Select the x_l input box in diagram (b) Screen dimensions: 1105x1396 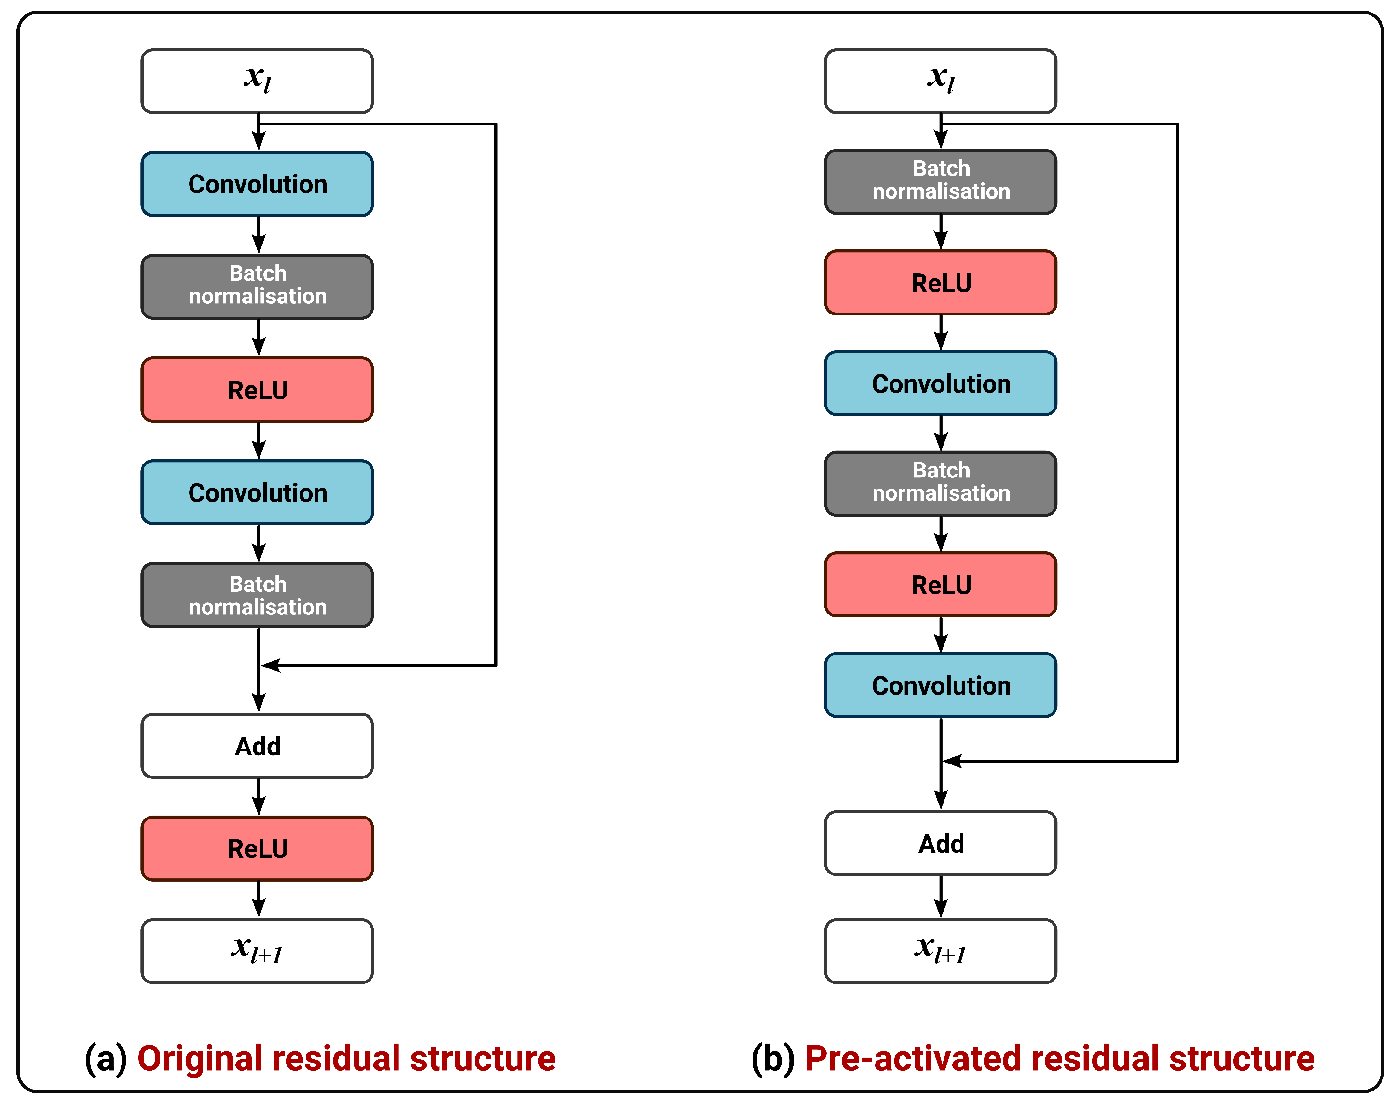940,81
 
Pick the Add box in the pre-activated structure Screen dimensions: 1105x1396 940,844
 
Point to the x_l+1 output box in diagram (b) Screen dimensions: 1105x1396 940,951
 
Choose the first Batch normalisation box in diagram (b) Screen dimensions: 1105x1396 940,182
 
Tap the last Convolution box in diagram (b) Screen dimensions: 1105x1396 940,685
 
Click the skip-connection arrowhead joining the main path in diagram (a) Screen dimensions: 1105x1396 271,665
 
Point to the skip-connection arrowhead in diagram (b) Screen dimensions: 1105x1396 953,761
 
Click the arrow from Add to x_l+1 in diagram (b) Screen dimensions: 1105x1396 941,897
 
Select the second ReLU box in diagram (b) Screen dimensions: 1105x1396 940,584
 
